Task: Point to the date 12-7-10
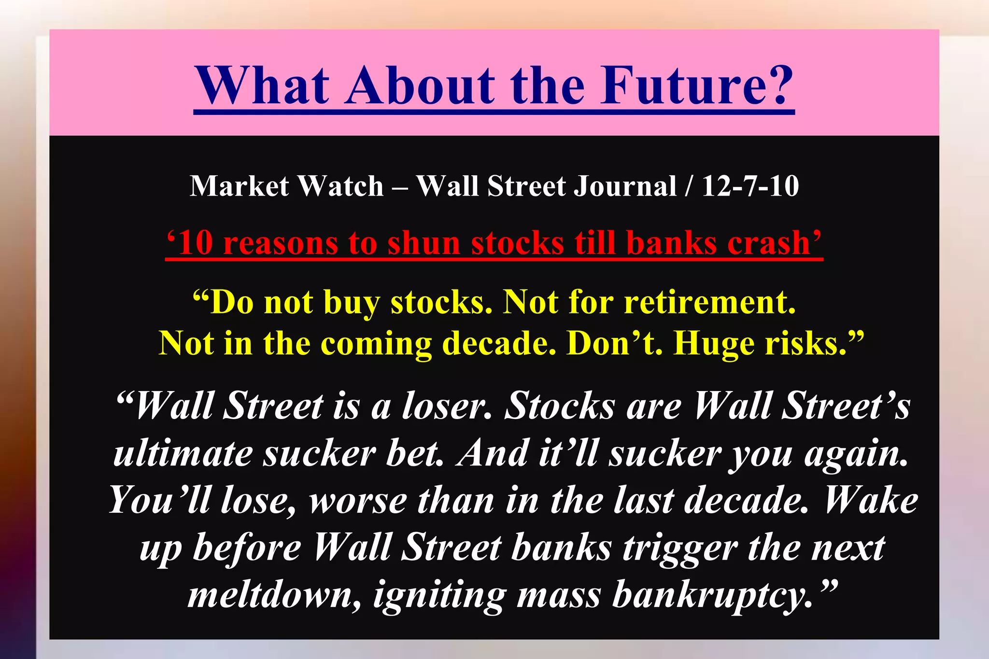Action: point(750,186)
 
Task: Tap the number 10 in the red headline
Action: point(195,242)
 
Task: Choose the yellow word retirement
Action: point(709,302)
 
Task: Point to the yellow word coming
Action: point(376,345)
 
